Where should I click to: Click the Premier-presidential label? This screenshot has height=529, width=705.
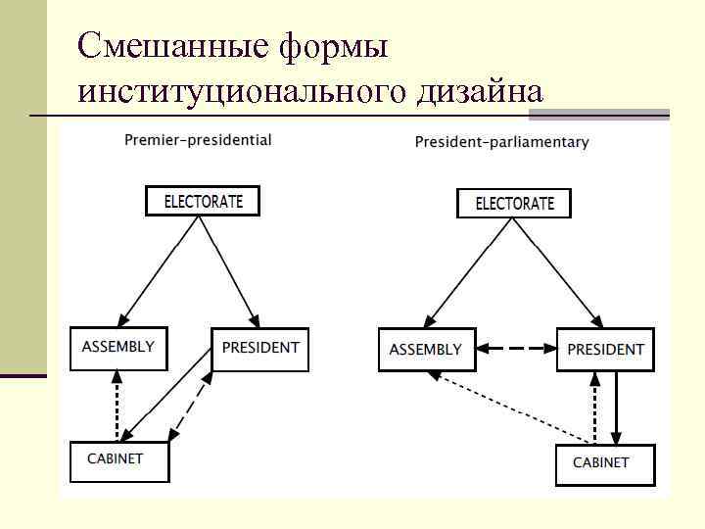[x=198, y=140]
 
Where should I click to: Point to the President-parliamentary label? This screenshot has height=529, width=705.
[x=501, y=142]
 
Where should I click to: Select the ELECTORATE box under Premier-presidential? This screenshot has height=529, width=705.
[x=203, y=202]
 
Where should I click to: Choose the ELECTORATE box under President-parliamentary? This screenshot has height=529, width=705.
[x=514, y=204]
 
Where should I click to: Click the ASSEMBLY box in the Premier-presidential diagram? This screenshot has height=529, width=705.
[x=118, y=348]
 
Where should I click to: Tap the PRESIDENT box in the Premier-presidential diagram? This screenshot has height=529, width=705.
[x=259, y=349]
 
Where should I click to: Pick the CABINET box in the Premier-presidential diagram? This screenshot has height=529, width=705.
[x=118, y=460]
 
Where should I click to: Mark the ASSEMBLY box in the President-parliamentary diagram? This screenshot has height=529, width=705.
[x=426, y=350]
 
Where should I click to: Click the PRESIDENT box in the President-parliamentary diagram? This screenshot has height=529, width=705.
[x=606, y=350]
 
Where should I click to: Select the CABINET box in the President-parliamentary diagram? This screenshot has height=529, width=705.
[x=604, y=464]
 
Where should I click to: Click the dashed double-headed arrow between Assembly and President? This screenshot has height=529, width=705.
[x=516, y=349]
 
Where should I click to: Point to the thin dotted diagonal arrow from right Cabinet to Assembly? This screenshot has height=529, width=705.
[x=509, y=410]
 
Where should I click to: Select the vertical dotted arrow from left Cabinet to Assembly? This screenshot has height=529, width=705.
[x=117, y=406]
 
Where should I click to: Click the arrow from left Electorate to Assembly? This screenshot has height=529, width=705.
[x=159, y=271]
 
